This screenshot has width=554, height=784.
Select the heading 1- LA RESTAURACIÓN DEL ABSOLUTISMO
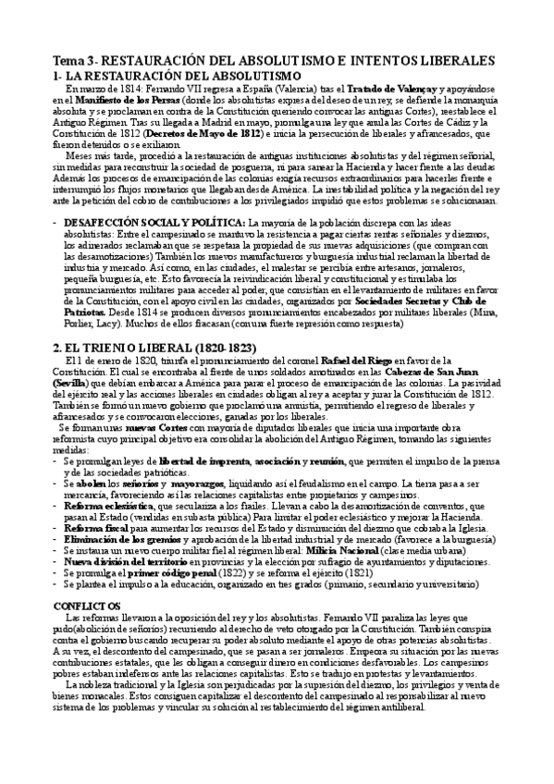pos(171,74)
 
